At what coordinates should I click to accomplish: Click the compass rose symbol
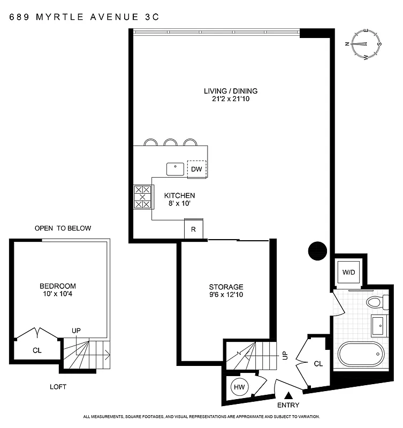[x=364, y=45]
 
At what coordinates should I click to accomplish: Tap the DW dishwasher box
[x=196, y=169]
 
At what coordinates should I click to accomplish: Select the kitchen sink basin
[x=175, y=169]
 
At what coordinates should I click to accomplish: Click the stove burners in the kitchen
[x=142, y=197]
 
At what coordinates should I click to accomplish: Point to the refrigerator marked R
[x=193, y=229]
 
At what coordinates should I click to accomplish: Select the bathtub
[x=361, y=354]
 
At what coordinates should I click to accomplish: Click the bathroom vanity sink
[x=378, y=324]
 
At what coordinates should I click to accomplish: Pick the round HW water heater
[x=238, y=386]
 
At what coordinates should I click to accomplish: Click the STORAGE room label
[x=226, y=287]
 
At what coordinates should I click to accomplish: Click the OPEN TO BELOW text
[x=63, y=228]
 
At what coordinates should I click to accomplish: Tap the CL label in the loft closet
[x=37, y=351]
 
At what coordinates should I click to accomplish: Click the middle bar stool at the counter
[x=171, y=142]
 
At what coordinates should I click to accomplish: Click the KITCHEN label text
[x=179, y=196]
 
